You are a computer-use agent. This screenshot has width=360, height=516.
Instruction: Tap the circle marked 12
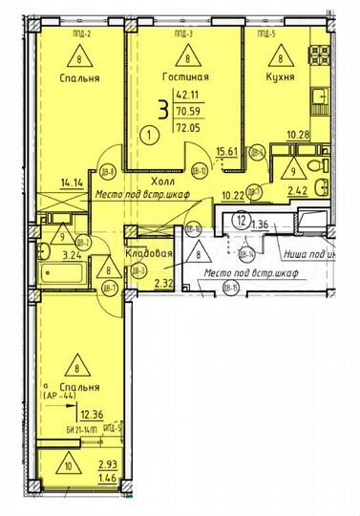(x=244, y=219)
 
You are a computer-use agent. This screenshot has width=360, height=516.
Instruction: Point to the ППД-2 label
(x=79, y=32)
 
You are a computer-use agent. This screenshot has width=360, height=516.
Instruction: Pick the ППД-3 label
(x=186, y=32)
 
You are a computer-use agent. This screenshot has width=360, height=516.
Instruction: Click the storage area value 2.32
(x=162, y=284)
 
